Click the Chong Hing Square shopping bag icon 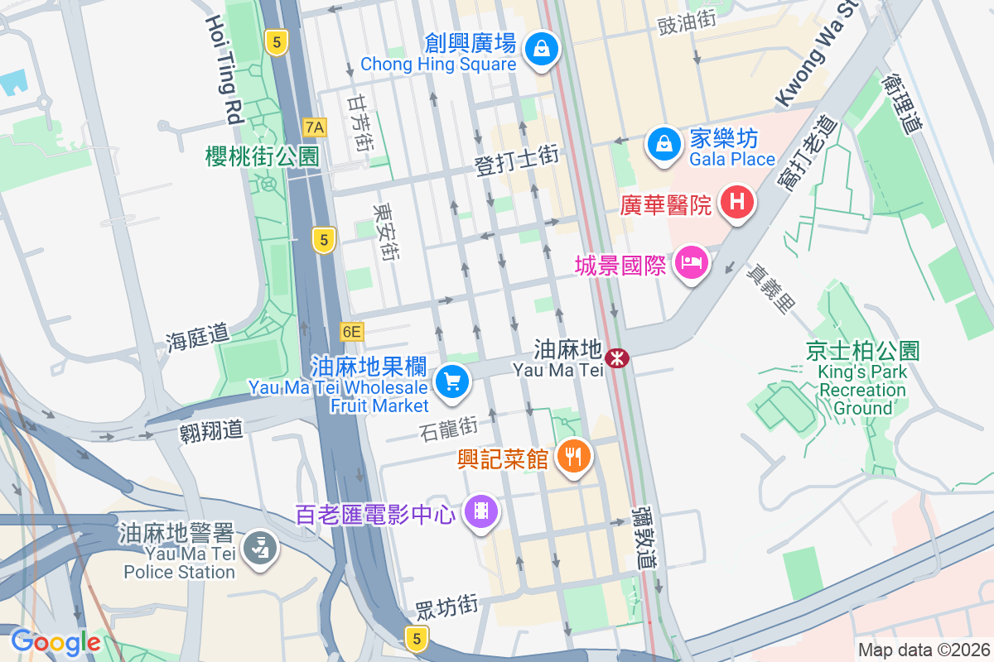click(541, 48)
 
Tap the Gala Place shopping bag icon click(663, 142)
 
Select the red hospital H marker click(736, 201)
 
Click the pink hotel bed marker click(691, 264)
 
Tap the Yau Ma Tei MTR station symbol click(616, 358)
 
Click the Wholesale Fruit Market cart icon click(452, 382)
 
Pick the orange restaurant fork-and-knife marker click(572, 454)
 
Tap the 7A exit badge click(316, 127)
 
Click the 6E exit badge click(352, 332)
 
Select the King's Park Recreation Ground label click(863, 380)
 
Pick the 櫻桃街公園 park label click(262, 156)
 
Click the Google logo click(55, 641)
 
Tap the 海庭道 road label click(196, 336)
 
